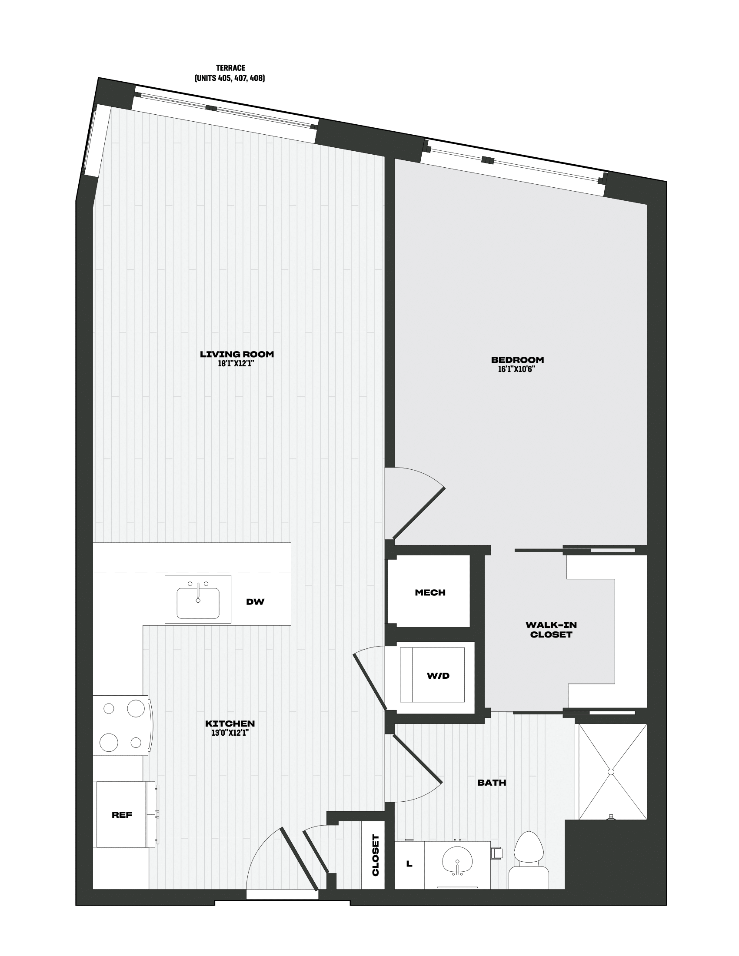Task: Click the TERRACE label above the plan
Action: click(x=231, y=68)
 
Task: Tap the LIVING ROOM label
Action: click(x=237, y=354)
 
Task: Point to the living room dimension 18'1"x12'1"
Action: click(x=236, y=364)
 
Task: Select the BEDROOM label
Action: click(x=517, y=360)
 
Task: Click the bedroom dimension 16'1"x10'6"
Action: click(x=517, y=369)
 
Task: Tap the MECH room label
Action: click(x=430, y=593)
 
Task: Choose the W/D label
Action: click(x=438, y=676)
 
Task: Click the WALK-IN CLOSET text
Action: click(x=551, y=630)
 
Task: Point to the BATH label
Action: click(x=492, y=782)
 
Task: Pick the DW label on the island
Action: click(x=255, y=601)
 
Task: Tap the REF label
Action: click(x=122, y=815)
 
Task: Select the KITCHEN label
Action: click(x=230, y=724)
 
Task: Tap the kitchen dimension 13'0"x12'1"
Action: click(x=230, y=733)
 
